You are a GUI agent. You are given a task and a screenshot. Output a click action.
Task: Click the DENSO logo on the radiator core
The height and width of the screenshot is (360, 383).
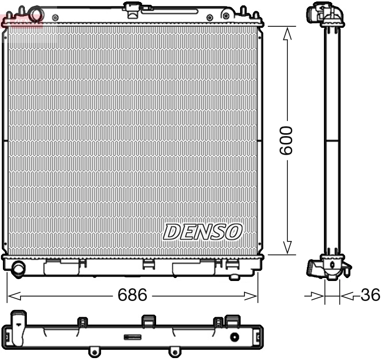coord(202,232)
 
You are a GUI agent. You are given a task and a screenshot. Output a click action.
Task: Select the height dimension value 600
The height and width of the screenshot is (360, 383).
coord(286,140)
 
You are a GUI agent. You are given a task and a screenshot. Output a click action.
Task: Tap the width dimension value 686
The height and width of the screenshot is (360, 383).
coord(132,295)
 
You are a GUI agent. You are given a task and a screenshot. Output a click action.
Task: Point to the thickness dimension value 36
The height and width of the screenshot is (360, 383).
coord(370,295)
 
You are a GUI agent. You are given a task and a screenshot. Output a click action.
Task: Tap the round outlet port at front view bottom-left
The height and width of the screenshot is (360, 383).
coord(19,268)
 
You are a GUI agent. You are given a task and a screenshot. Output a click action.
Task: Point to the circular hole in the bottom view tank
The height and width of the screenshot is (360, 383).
coord(235,337)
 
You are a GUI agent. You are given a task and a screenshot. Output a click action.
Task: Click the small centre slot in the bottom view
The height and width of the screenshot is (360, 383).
coord(132,337)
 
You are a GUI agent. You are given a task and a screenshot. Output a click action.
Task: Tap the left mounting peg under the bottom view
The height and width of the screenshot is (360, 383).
coord(93,351)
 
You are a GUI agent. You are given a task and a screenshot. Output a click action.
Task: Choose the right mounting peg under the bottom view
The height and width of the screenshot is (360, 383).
coord(172,351)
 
